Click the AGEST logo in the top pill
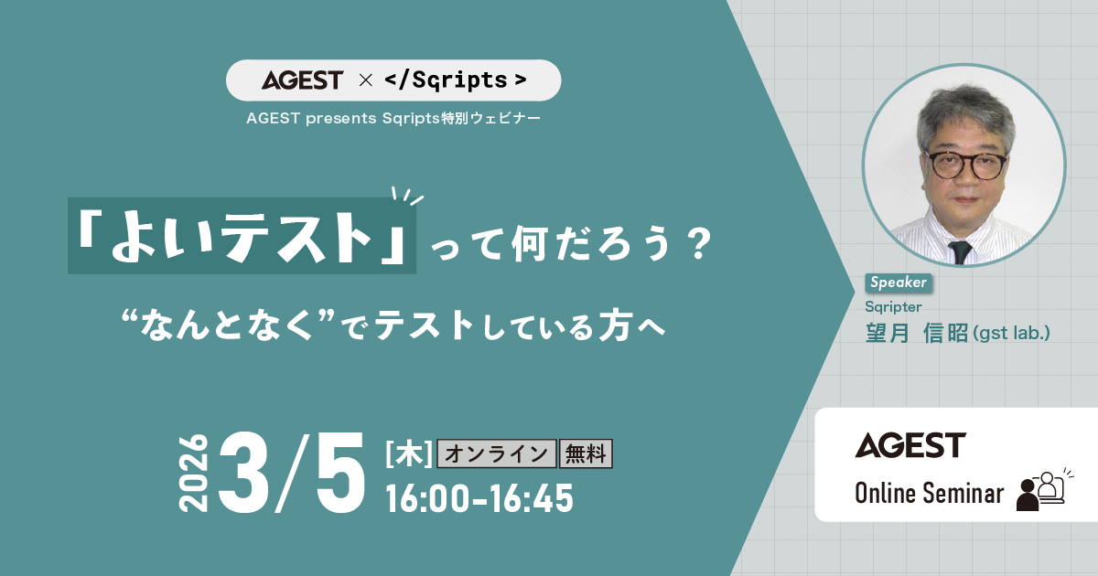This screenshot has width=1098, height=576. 302,80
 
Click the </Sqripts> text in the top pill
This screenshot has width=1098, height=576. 455,80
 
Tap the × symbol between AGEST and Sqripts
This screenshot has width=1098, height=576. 365,80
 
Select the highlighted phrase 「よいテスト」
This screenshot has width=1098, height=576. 242,236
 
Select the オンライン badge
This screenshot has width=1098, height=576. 498,453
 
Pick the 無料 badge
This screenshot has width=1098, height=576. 586,453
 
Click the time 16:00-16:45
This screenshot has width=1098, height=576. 479,498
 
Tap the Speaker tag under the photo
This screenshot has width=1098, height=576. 898,283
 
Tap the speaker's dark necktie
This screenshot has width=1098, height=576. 959,251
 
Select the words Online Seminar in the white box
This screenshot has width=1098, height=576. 929,494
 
